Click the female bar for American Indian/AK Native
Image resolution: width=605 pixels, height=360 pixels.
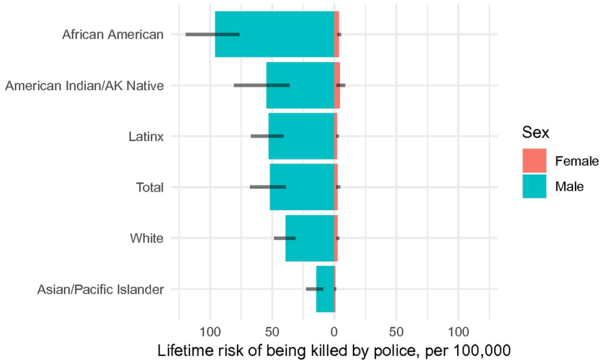click(x=337, y=85)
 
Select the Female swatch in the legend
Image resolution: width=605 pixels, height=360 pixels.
click(x=534, y=160)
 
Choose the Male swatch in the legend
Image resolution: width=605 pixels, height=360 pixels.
click(x=534, y=186)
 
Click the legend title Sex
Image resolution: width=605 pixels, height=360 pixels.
click(x=535, y=133)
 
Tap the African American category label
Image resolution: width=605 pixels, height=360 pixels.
click(x=112, y=34)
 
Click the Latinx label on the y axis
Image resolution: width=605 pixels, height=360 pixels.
click(x=146, y=137)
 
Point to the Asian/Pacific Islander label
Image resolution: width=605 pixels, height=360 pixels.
click(x=100, y=290)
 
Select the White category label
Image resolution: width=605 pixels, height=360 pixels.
click(x=146, y=239)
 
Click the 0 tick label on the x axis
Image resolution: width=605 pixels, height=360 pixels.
click(x=334, y=330)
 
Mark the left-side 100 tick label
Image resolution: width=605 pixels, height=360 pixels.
click(x=210, y=330)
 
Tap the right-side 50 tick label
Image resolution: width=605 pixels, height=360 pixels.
click(x=397, y=330)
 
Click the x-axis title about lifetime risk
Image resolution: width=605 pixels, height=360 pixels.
click(x=334, y=349)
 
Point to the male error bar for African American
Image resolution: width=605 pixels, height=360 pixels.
click(x=213, y=34)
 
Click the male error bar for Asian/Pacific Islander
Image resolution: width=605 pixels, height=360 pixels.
click(x=314, y=289)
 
